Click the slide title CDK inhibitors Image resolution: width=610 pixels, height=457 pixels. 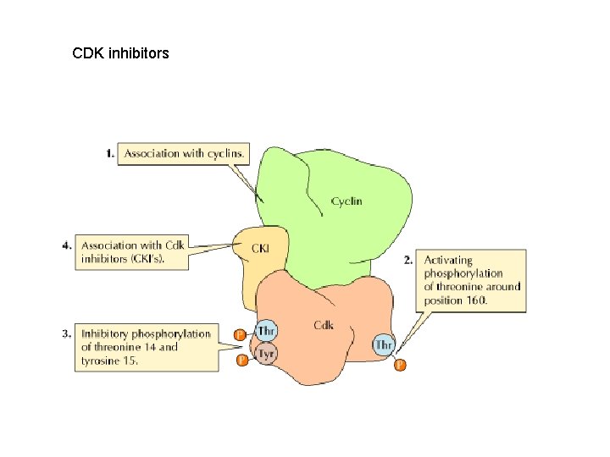tap(120, 53)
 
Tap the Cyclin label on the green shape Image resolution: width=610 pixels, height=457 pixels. tap(347, 201)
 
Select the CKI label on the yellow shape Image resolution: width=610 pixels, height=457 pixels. tap(261, 248)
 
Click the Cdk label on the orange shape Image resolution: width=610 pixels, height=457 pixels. tap(323, 325)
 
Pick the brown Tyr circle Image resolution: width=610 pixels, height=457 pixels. tap(266, 355)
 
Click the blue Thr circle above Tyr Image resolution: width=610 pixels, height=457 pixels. tap(266, 331)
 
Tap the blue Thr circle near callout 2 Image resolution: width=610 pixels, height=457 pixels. tap(384, 344)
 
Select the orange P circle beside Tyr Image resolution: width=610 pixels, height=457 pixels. tap(241, 361)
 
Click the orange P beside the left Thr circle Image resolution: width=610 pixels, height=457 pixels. tap(241, 336)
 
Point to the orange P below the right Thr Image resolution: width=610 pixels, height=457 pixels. tap(400, 366)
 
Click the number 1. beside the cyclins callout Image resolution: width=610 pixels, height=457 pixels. tap(110, 153)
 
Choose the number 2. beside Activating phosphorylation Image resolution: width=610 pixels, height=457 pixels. tap(408, 260)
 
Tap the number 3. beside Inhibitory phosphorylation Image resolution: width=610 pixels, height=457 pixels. tap(66, 333)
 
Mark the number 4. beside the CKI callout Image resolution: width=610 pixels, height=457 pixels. tap(66, 245)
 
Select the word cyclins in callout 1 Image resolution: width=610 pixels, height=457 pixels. tap(225, 153)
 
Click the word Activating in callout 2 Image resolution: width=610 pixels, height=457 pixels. tap(448, 260)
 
